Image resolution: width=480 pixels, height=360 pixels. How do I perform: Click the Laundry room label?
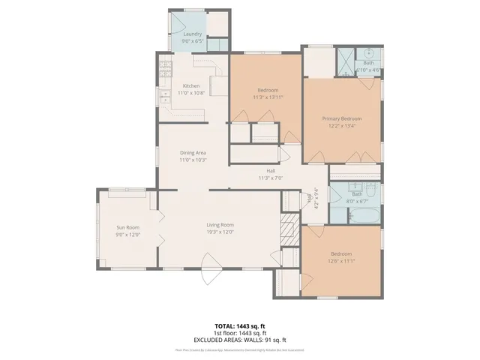pos(192,34)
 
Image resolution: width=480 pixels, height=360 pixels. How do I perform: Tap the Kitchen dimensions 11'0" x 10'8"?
pos(192,94)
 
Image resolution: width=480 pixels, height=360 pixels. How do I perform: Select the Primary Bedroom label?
pos(342,118)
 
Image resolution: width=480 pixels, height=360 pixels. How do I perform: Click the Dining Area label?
pos(193,153)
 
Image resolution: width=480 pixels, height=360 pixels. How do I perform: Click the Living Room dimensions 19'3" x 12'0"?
pos(220,232)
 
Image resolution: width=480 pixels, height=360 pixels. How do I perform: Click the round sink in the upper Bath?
pos(369,54)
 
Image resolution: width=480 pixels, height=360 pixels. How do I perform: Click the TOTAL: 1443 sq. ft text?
pos(239,326)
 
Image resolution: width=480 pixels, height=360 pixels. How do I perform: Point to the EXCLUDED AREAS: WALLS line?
pos(239,338)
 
